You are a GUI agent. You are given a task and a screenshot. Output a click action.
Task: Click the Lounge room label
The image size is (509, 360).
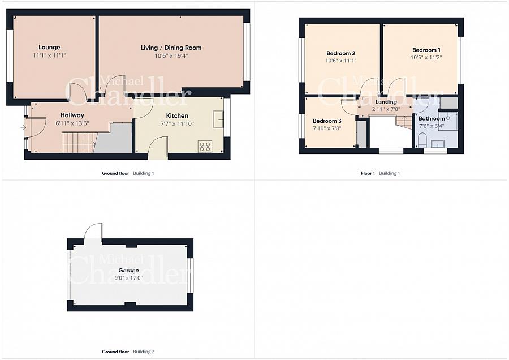(x=49, y=47)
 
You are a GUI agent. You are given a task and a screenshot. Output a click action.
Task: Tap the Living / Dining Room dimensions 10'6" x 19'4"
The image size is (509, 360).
(x=171, y=56)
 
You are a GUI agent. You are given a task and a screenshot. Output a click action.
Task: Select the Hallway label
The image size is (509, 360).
(x=72, y=115)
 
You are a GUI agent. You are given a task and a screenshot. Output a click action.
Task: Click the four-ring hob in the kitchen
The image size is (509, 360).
(x=205, y=146)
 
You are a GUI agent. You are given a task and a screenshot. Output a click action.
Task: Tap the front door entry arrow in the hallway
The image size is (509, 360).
(x=23, y=127)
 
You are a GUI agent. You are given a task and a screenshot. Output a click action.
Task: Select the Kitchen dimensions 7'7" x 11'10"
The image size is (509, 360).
(x=176, y=124)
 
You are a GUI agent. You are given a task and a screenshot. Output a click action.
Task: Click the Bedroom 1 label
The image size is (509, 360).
(x=426, y=50)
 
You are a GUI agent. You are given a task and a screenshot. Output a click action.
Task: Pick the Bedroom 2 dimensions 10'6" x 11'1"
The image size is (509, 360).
(x=340, y=61)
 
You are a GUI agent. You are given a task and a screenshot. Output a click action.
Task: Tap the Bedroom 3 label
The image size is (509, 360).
(x=327, y=121)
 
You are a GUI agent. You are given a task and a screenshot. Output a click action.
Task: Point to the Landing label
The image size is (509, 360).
(x=386, y=102)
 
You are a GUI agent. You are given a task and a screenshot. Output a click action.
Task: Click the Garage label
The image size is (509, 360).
(x=128, y=271)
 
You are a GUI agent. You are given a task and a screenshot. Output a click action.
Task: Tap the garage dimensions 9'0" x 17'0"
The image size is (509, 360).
(x=128, y=278)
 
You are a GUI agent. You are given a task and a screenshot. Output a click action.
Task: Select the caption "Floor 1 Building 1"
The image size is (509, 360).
(x=380, y=173)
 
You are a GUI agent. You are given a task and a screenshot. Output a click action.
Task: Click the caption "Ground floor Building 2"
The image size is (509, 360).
(x=128, y=352)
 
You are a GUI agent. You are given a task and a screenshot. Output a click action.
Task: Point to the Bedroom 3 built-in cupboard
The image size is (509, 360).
(x=361, y=133)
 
